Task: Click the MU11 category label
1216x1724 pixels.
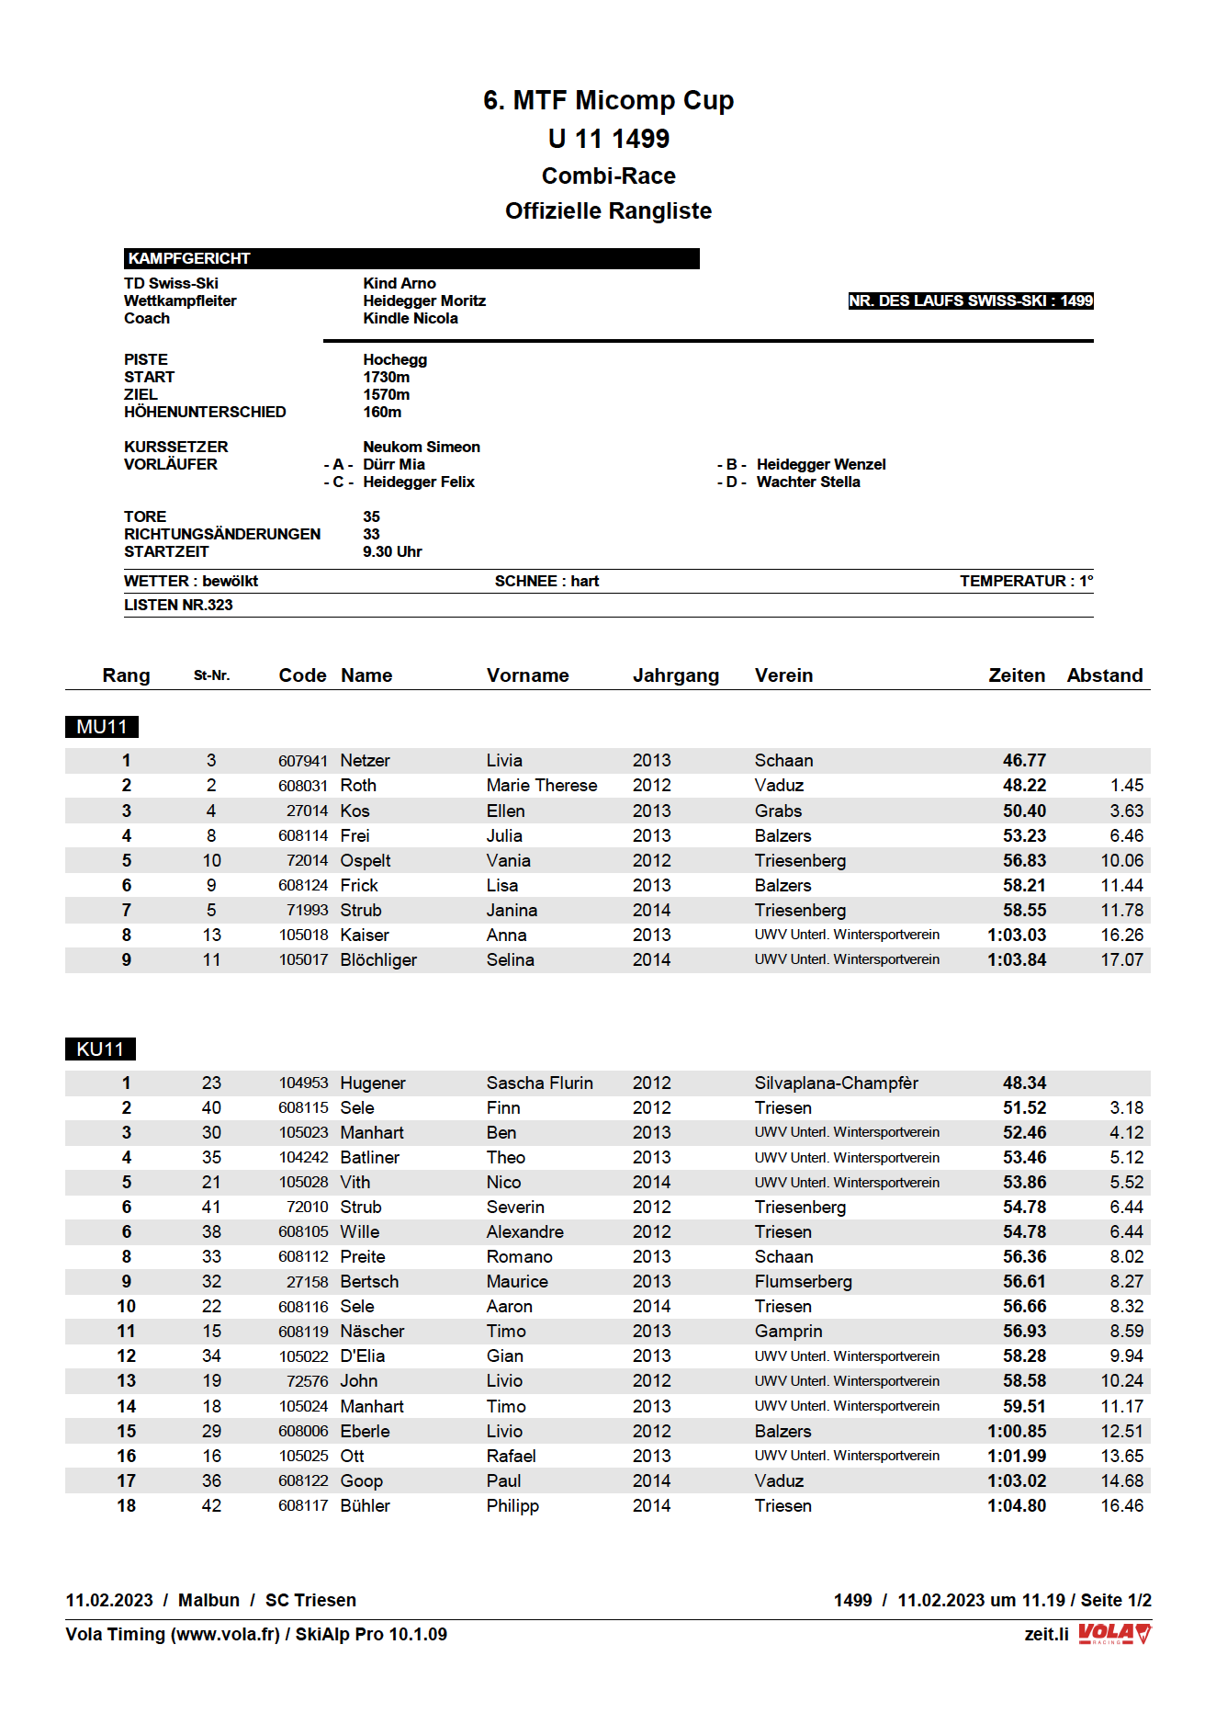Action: (102, 727)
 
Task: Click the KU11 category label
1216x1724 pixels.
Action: (100, 1049)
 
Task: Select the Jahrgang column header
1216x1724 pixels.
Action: (675, 675)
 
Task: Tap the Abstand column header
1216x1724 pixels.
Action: (1104, 675)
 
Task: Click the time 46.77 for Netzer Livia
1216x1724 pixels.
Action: (1024, 760)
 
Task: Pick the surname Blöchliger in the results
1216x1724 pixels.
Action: (378, 959)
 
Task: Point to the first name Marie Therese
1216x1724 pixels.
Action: (541, 785)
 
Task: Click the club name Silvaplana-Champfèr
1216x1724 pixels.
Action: (836, 1083)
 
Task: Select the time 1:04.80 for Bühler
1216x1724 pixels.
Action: (1016, 1505)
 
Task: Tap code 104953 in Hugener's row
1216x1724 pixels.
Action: (303, 1083)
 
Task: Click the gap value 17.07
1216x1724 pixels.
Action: (1121, 959)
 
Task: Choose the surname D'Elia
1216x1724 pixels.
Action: (363, 1355)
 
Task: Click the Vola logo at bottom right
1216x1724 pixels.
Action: (1114, 1633)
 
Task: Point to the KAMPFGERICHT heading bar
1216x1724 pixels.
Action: (411, 258)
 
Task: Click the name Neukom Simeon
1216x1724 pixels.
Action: (422, 447)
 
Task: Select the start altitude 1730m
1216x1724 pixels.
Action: (387, 377)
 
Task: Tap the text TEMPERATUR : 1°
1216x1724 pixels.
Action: (1026, 581)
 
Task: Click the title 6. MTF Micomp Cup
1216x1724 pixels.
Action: (608, 100)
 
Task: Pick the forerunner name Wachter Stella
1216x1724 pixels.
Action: (808, 482)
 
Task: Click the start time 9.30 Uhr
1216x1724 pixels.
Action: (392, 551)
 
